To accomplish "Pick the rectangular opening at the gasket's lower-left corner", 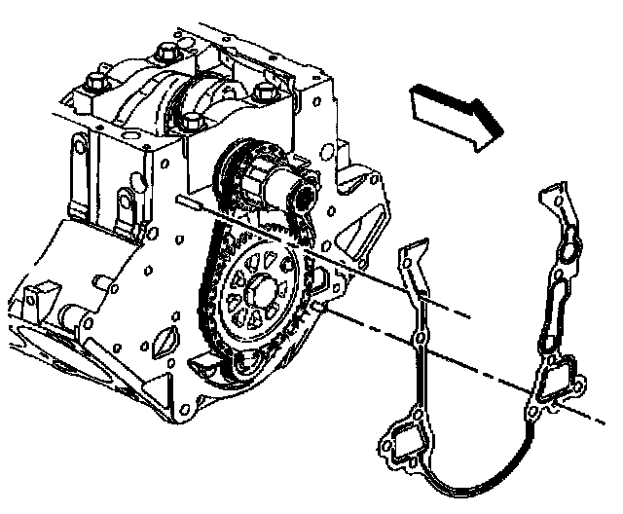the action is [401, 444].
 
